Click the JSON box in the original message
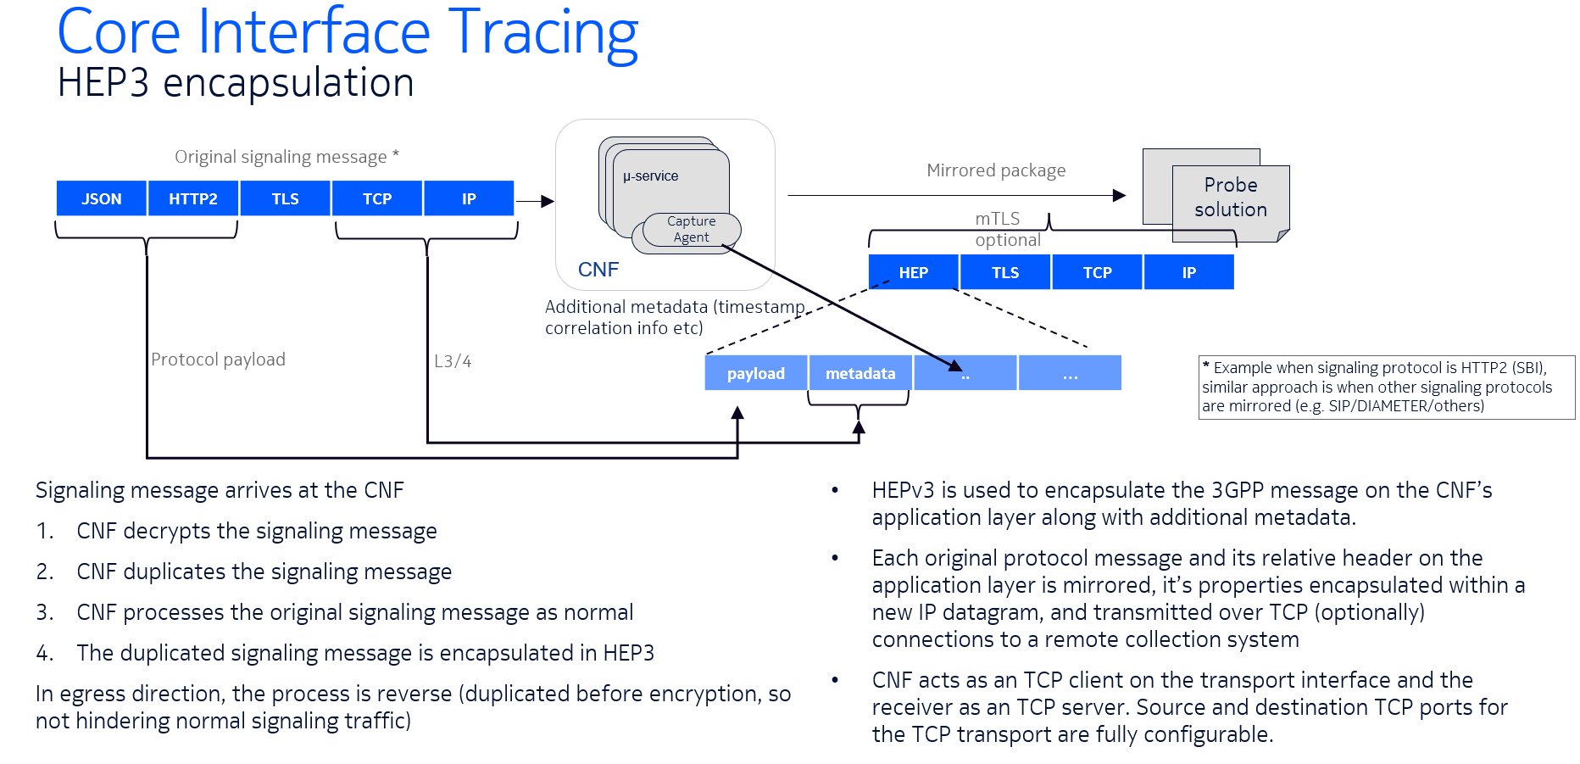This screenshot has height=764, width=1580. (x=101, y=198)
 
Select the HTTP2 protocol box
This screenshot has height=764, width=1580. (x=193, y=198)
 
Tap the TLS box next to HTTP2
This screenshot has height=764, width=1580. (x=285, y=198)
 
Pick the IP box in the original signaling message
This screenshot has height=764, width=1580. (x=469, y=198)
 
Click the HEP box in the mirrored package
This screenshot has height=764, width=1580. (x=913, y=272)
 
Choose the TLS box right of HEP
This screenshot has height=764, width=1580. (x=1005, y=272)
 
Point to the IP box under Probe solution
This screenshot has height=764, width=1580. (x=1188, y=272)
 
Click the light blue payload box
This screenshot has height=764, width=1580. (x=755, y=373)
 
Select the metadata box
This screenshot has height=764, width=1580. (x=860, y=373)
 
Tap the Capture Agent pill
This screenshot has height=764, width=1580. (x=692, y=229)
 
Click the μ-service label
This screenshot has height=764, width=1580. (x=650, y=176)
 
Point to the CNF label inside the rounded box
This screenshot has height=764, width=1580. (x=598, y=270)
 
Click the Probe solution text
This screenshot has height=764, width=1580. (x=1231, y=197)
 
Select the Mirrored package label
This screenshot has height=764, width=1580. (x=996, y=170)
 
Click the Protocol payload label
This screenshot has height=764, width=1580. (x=218, y=360)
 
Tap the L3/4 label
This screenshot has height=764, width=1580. (x=453, y=361)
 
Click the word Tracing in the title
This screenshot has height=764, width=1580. (x=542, y=34)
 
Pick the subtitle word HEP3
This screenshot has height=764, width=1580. (x=103, y=83)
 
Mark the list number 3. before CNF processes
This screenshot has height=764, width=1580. (x=45, y=612)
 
